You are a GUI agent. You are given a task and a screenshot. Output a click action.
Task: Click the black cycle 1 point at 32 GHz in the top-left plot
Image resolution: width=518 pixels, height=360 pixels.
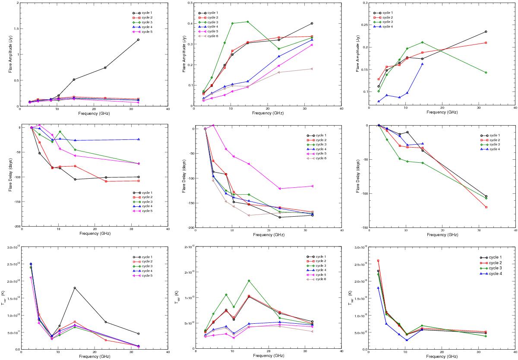coord(138,40)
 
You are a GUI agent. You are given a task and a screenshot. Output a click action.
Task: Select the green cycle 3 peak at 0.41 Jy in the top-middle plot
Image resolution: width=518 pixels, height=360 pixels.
coord(247,22)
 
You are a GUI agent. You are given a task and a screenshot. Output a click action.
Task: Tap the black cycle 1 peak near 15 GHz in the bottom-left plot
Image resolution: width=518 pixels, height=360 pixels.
coord(75,288)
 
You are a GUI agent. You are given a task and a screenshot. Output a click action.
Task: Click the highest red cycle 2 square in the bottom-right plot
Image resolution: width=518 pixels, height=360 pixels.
coord(378,261)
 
